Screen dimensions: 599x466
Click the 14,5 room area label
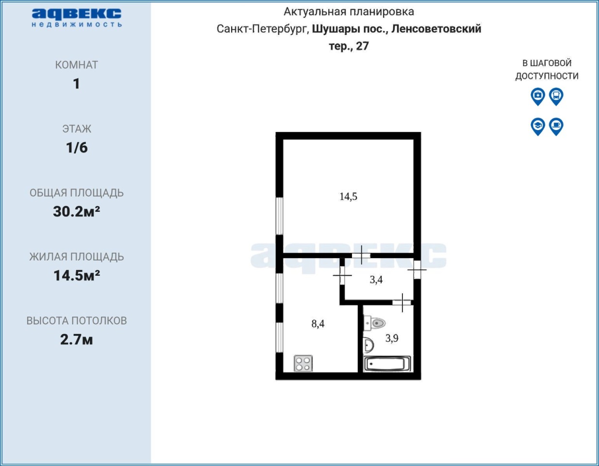(x=348, y=197)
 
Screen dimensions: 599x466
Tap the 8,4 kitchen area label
(x=318, y=324)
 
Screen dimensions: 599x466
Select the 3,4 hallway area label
(x=376, y=280)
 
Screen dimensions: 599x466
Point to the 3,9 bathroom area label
(x=392, y=338)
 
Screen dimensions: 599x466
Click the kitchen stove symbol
(x=303, y=364)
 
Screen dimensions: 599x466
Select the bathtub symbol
(x=387, y=364)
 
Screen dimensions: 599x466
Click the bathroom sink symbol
(x=368, y=345)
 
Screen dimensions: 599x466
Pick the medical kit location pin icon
(x=538, y=97)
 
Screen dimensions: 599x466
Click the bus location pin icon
(x=556, y=97)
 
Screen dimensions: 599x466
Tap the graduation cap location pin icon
(x=538, y=127)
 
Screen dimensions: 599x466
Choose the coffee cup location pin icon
(x=556, y=127)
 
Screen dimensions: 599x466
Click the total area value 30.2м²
(x=76, y=212)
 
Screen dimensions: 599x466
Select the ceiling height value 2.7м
(x=76, y=339)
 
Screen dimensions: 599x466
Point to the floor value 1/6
(x=77, y=148)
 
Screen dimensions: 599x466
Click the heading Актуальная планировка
(x=349, y=12)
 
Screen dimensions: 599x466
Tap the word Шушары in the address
(x=334, y=29)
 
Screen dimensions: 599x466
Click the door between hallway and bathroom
(x=402, y=302)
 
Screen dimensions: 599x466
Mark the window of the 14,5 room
(x=279, y=216)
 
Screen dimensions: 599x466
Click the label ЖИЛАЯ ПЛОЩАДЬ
(x=77, y=257)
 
